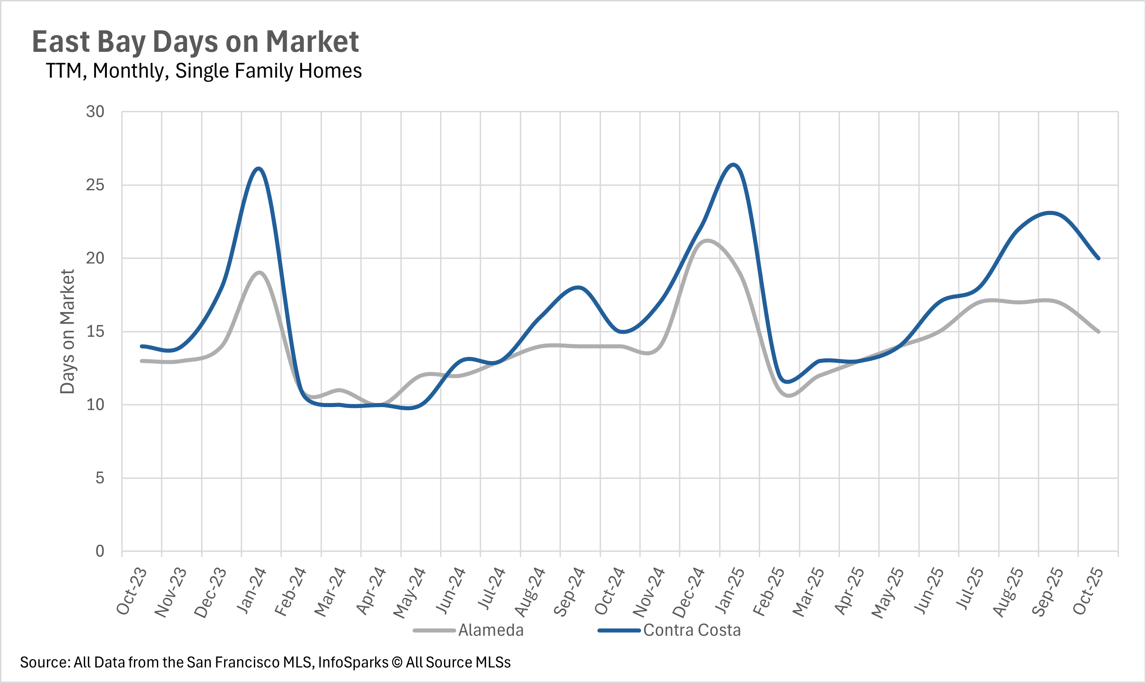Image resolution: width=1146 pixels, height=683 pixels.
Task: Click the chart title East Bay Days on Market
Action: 195,42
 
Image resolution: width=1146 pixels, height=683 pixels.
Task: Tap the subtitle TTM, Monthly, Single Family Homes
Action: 204,71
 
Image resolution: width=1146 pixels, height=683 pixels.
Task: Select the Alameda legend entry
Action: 490,630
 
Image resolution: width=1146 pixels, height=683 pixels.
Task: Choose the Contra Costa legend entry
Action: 692,630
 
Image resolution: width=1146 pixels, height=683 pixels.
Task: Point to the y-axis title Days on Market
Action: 67,331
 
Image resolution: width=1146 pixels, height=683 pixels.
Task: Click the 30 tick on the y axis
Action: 95,112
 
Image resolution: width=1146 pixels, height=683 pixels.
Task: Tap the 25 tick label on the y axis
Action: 95,185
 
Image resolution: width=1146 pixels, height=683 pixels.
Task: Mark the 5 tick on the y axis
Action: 100,478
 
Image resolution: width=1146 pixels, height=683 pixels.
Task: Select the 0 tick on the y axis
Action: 100,551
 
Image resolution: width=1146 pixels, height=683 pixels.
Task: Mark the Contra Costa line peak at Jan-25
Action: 733,164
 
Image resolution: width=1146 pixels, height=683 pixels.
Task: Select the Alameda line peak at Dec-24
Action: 706,240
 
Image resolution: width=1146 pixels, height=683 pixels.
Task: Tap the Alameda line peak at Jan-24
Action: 260,272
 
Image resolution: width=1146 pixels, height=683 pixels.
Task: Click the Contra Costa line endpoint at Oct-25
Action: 1099,258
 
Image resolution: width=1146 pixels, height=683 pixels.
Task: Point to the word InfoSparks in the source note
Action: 353,662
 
